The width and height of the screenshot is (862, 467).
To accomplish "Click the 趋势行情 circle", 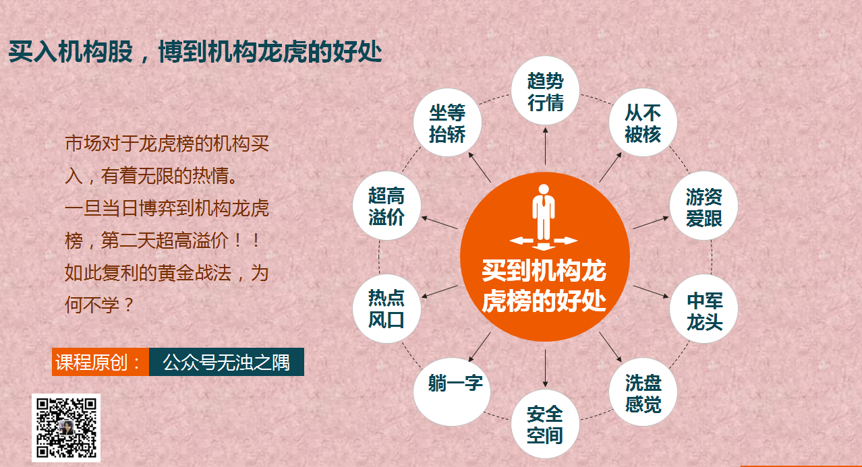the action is (x=545, y=91).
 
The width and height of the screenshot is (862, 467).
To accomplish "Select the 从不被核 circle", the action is (x=643, y=122).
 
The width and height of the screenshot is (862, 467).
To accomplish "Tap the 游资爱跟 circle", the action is (x=704, y=206).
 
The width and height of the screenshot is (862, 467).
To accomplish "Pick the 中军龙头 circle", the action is (x=704, y=309).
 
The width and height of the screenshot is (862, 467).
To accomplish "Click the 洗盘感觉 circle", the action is (x=643, y=392).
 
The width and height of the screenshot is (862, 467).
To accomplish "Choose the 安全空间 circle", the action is (x=545, y=424).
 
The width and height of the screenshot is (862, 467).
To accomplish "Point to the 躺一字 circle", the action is (x=452, y=392).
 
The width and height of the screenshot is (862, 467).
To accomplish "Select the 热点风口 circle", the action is (x=386, y=309).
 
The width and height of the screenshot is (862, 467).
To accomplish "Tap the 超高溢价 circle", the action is (x=386, y=206).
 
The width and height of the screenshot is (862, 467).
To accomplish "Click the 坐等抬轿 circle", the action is (x=448, y=122).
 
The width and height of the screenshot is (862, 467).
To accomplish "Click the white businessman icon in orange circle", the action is (x=544, y=218).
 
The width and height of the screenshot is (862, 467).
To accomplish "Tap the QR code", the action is (x=66, y=428).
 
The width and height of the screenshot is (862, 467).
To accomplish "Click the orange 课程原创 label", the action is (x=100, y=362).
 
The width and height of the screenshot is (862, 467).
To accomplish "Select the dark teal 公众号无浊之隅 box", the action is (x=226, y=362).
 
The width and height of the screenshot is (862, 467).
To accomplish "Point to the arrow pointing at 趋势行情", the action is (x=545, y=146).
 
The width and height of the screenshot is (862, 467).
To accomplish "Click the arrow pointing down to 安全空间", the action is (x=545, y=368).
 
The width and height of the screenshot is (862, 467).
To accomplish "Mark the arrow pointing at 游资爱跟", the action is (x=651, y=223).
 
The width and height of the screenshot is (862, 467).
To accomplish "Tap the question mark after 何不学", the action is (x=129, y=305).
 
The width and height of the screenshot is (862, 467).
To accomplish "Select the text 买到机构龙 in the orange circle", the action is (x=544, y=271).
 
